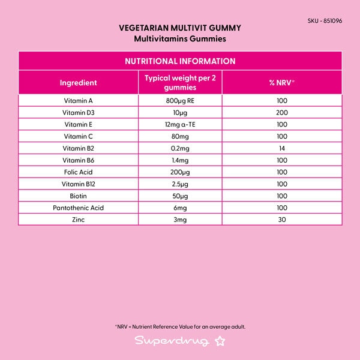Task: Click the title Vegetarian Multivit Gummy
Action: tap(180, 28)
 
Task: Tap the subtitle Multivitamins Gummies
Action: tap(180, 38)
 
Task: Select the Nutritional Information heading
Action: tap(180, 61)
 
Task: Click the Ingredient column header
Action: tap(79, 83)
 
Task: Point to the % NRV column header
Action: tap(282, 83)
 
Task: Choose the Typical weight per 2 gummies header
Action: tap(180, 83)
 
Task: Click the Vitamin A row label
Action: tap(79, 101)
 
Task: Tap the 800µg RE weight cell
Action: tap(180, 101)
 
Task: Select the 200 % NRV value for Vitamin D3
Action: tap(282, 113)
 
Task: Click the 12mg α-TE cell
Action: tap(180, 124)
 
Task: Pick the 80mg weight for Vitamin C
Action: tap(180, 136)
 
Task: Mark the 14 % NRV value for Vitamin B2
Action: tap(282, 148)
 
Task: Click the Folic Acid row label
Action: tap(79, 172)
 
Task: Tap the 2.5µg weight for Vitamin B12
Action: tap(180, 184)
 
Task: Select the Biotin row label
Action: tap(79, 196)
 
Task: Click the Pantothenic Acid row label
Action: tap(79, 208)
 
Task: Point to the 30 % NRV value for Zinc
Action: tap(282, 220)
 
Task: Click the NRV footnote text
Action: tap(180, 327)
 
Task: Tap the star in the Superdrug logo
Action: tap(220, 341)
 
